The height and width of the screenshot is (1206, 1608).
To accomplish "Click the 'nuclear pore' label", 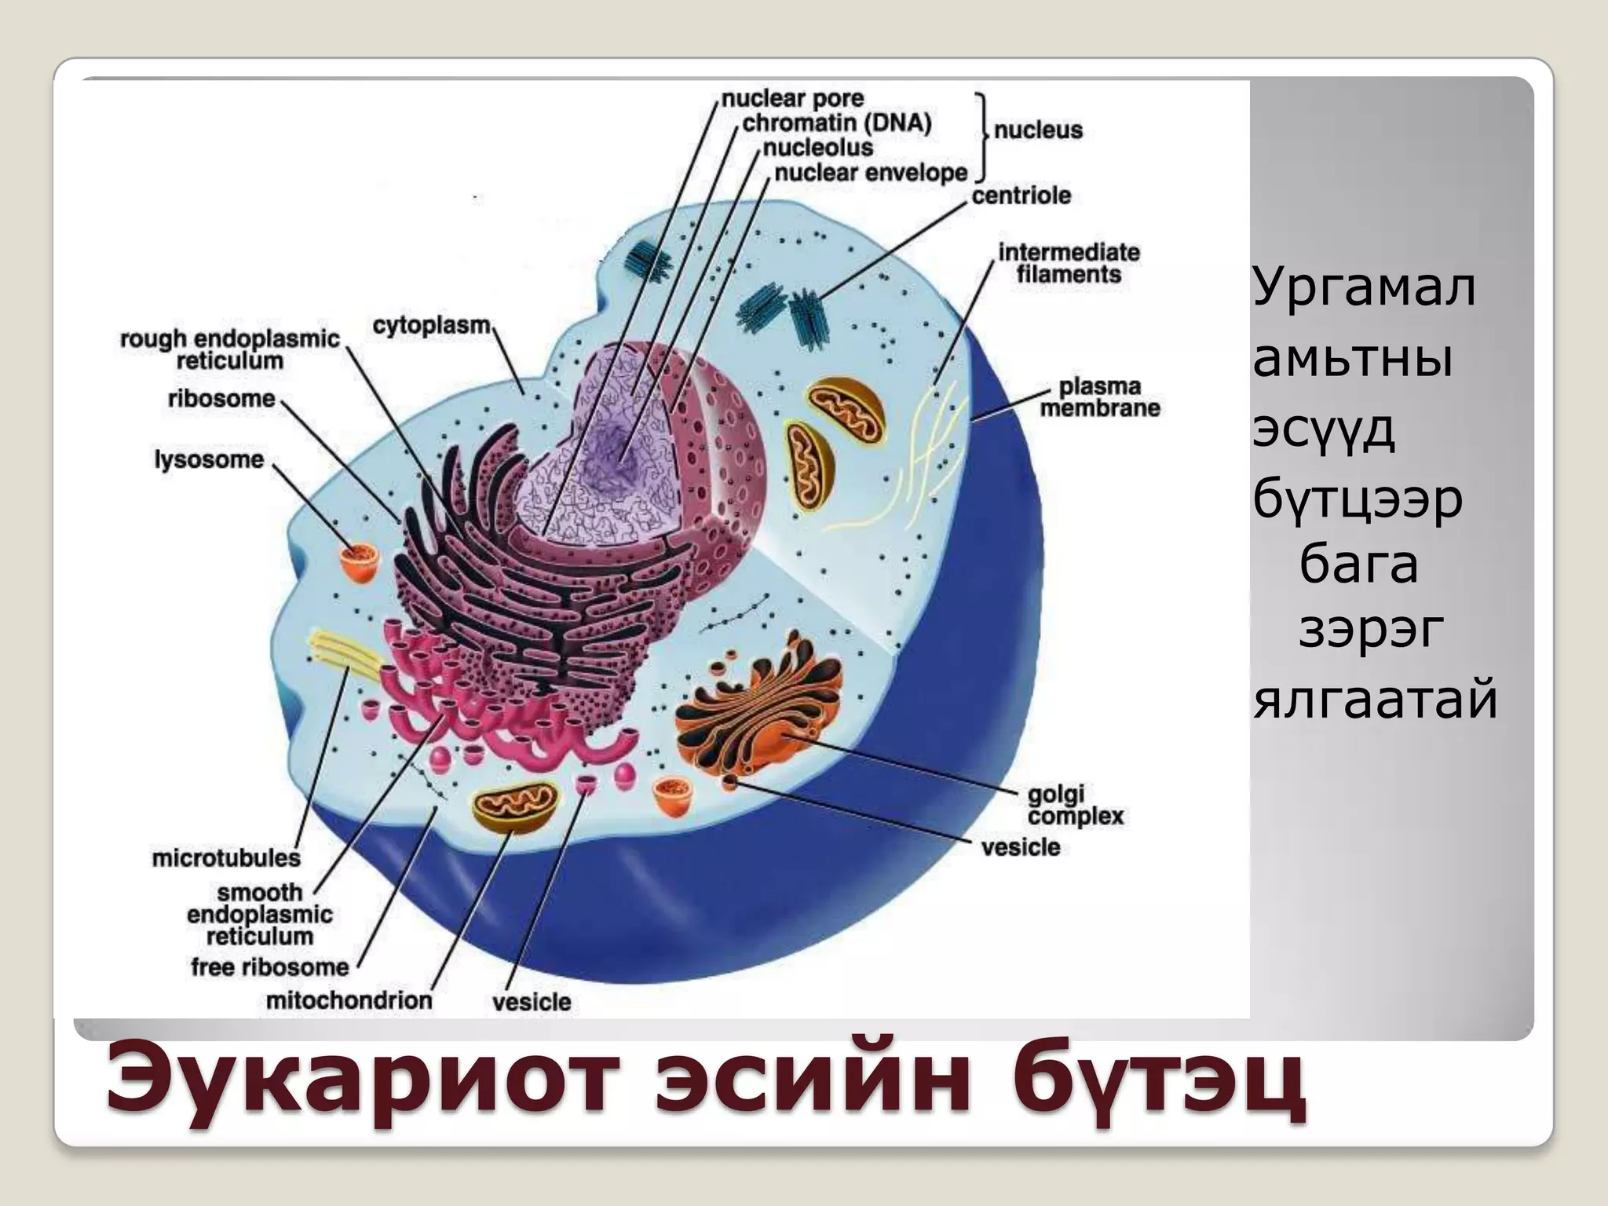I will pos(792,99).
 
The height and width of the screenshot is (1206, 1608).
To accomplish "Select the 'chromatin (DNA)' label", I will pos(837,123).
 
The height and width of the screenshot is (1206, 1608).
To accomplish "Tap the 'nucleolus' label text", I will pos(817,148).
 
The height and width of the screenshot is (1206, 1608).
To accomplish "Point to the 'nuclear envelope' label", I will pos(871,173).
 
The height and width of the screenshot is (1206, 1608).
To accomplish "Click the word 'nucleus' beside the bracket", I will pos(1037,130).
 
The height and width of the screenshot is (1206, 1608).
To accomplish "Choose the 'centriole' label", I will pos(1021,196).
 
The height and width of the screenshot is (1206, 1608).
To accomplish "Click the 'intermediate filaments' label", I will pos(1069,263).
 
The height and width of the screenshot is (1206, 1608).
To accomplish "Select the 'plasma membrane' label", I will pos(1099,397).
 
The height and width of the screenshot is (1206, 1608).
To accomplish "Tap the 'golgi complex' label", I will pos(1075,806).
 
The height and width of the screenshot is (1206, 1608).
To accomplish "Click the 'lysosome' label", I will pos(209,459).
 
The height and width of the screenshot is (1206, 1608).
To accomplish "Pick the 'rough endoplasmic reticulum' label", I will pos(229,349).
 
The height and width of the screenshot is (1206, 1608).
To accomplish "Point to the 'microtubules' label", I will pos(226,858).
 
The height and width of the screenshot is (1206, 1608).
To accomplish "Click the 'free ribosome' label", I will pos(269,967).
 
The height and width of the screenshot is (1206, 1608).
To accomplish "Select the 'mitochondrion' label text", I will pos(349,1001).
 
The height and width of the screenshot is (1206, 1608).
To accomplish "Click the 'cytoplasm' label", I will pos(431,325).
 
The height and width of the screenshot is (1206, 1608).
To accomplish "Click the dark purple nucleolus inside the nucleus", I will pos(608,455).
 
